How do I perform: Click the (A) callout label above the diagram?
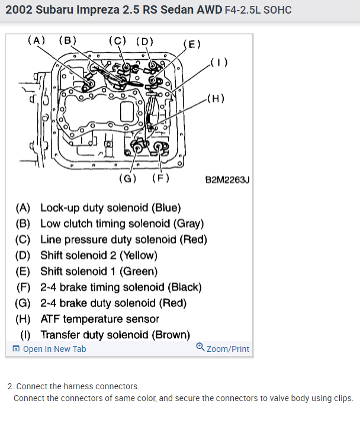click(x=37, y=40)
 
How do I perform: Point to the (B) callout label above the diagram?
click(x=67, y=40)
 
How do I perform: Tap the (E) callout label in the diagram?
click(x=192, y=44)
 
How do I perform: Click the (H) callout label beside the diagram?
click(x=216, y=99)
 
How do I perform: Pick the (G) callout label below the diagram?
click(x=128, y=178)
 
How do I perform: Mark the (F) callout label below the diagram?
click(x=160, y=178)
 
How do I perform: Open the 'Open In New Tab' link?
click(x=54, y=349)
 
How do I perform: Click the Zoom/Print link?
click(x=227, y=349)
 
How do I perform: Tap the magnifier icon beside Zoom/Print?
click(x=200, y=348)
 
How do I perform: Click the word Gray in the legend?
click(x=187, y=224)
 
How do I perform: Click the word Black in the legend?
click(x=184, y=287)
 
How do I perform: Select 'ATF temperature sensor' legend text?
click(x=99, y=319)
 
